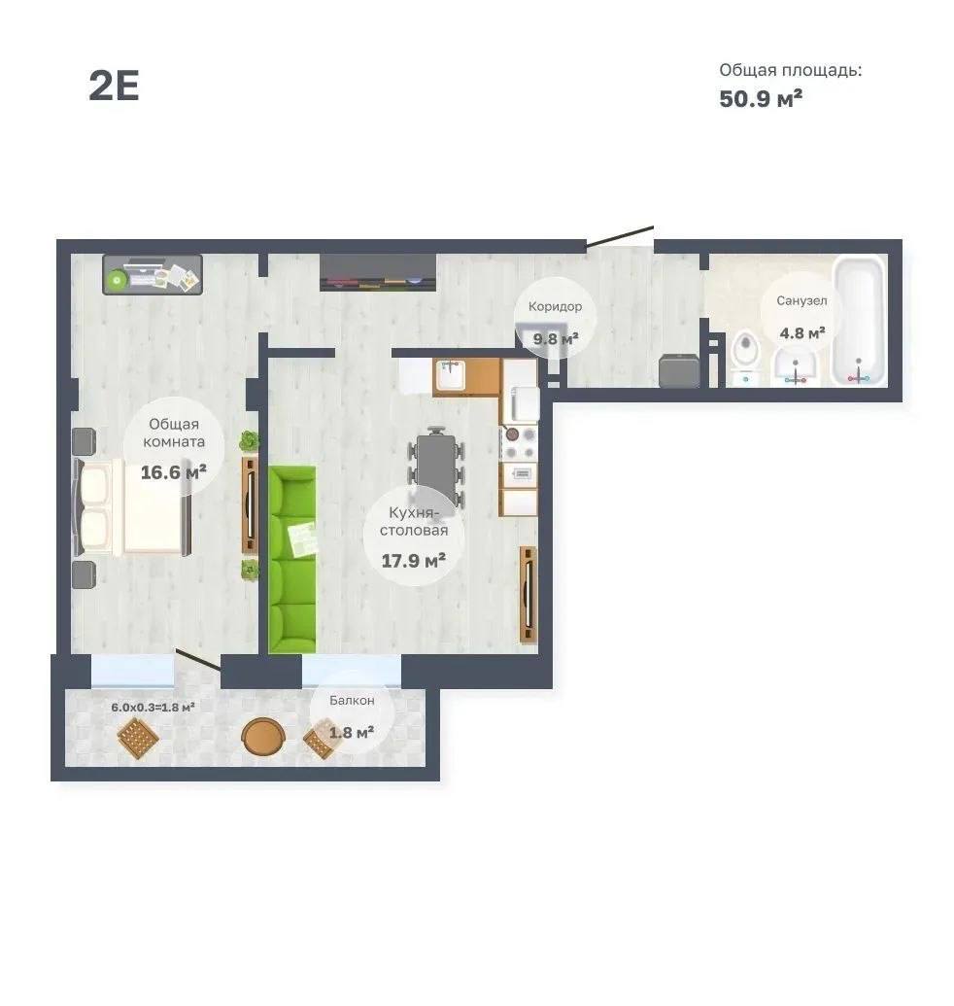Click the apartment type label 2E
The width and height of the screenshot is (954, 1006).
[114, 86]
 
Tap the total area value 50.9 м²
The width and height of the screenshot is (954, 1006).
[761, 99]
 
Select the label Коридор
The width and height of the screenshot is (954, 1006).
[556, 306]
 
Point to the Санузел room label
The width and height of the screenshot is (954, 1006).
[801, 300]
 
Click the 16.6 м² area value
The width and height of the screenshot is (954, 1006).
[173, 472]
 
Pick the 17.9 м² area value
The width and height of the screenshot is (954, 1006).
[414, 561]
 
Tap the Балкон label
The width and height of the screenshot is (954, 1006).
[352, 701]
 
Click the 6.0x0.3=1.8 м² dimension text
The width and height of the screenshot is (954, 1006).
[153, 707]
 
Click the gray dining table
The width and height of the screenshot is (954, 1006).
[436, 461]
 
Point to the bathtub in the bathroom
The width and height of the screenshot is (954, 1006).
[859, 321]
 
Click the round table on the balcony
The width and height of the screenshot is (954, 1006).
[262, 737]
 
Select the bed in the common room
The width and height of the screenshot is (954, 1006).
[133, 506]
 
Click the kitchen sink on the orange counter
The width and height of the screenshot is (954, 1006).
[452, 374]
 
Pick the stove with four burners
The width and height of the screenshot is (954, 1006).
[519, 443]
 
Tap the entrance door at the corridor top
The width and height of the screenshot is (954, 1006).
[620, 235]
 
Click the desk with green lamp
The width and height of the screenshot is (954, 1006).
[153, 275]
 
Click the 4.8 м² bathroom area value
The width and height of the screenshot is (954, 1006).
[802, 333]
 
